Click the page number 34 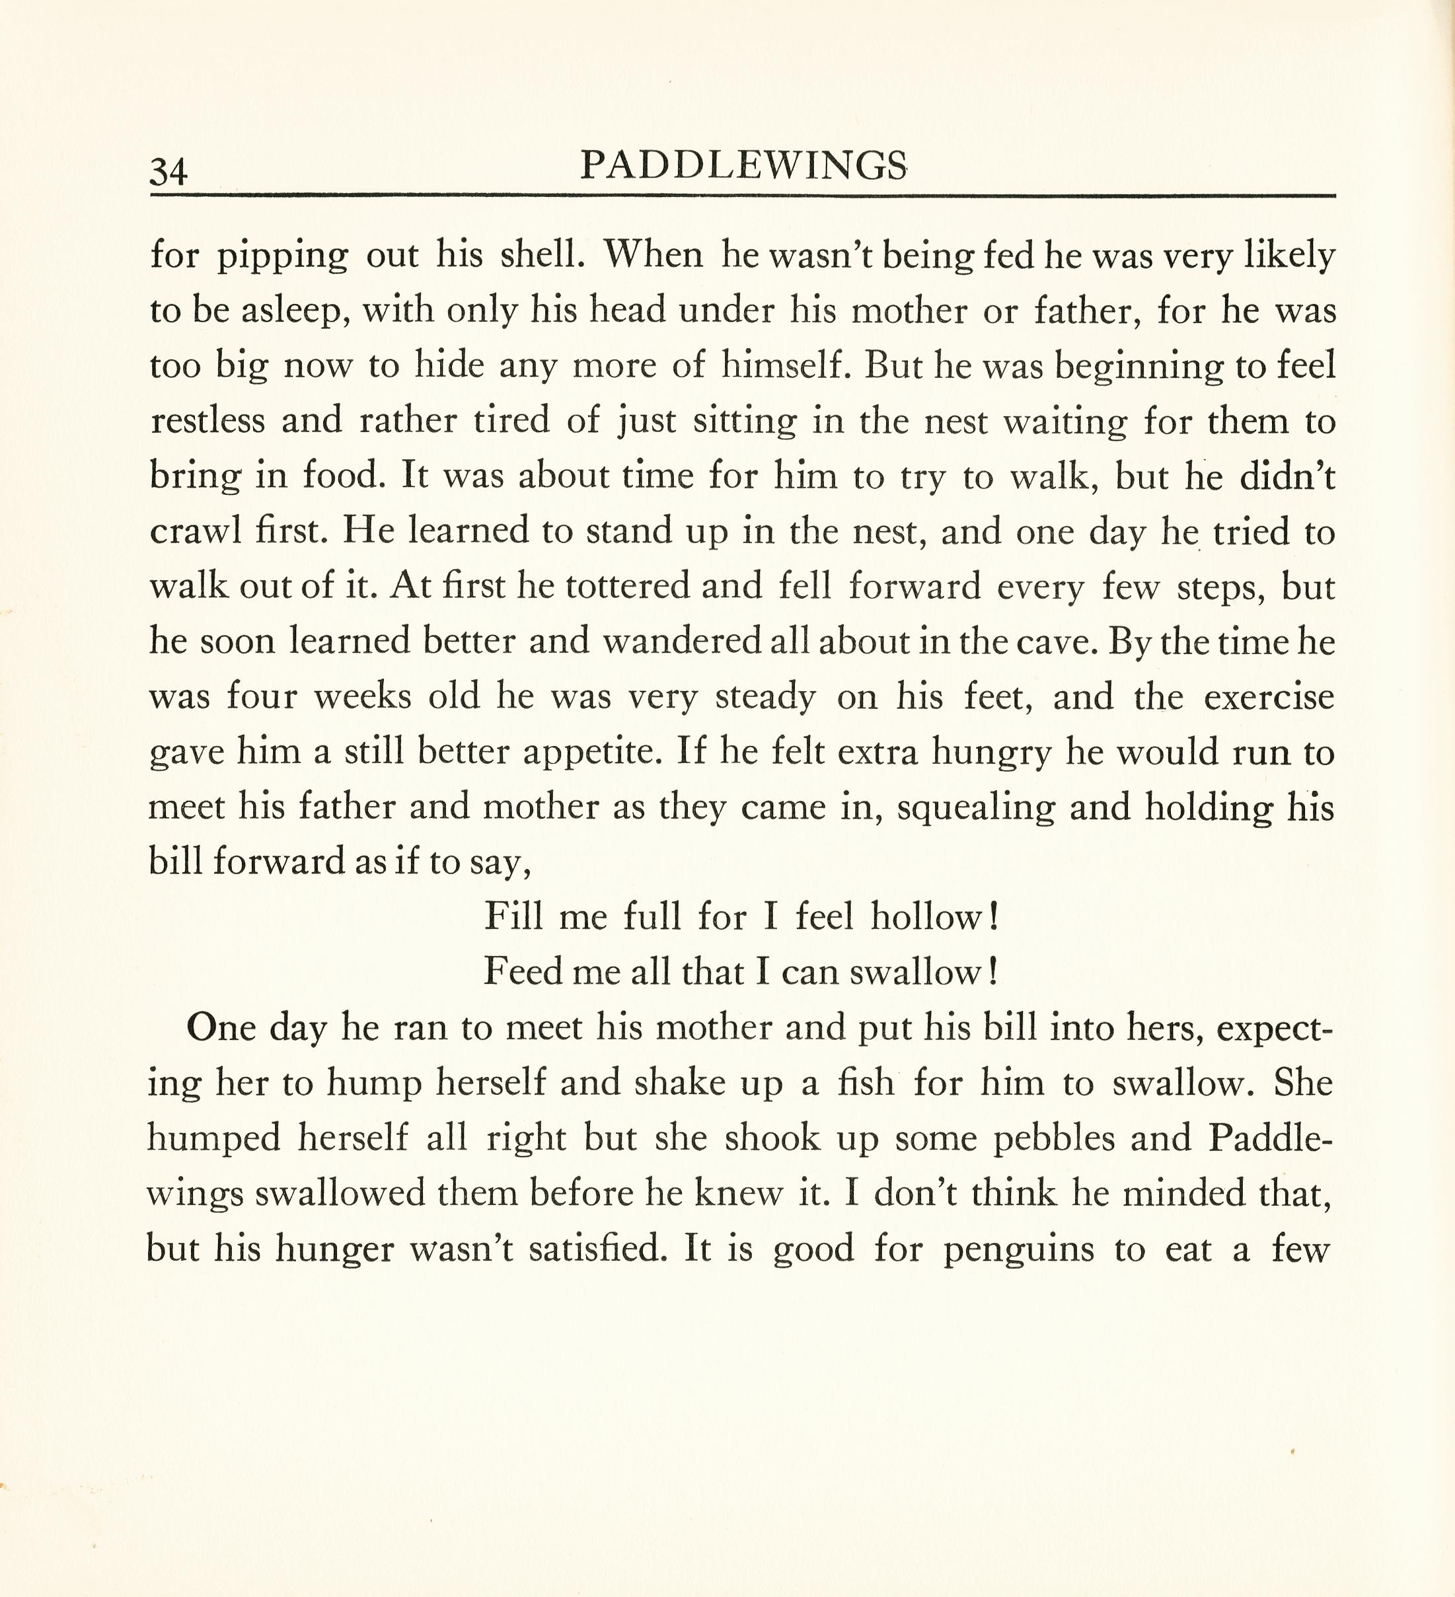(x=168, y=171)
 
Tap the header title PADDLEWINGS (x=743, y=167)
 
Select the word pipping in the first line (x=283, y=256)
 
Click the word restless (x=207, y=420)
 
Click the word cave (x=1058, y=641)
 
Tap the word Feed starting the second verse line (x=522, y=972)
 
